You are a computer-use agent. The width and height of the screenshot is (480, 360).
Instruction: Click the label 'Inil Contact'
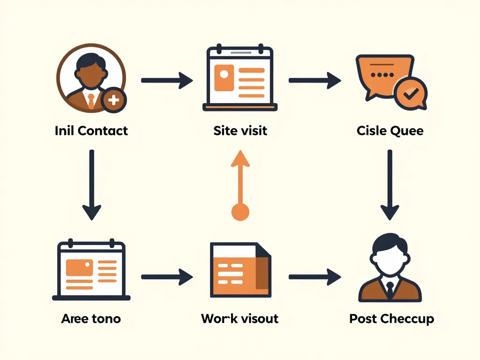point(91,130)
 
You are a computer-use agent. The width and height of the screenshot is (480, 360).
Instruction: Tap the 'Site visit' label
point(240,130)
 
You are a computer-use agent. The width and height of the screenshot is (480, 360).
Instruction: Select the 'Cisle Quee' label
point(390,130)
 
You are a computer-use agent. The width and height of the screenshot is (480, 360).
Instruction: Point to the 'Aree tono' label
point(91,319)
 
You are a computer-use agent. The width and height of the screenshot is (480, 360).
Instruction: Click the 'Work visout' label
point(240,319)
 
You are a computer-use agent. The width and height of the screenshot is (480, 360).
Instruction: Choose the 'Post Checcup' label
point(391,319)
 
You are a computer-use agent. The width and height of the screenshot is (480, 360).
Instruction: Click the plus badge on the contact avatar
point(113,99)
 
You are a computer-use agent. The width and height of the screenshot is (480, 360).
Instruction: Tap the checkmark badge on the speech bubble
point(410,94)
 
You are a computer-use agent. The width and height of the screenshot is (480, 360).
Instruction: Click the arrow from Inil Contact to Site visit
point(166,80)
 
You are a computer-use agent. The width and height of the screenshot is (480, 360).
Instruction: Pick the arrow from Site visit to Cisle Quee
point(314,80)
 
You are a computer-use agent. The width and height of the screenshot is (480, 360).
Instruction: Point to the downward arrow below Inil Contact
point(91,185)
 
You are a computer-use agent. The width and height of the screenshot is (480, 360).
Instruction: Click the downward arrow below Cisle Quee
point(390,185)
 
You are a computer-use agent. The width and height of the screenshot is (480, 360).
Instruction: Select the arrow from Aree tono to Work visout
point(166,277)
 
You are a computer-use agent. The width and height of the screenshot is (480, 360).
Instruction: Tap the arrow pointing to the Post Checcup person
point(314,277)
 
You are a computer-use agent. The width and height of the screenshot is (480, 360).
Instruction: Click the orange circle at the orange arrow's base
point(240,212)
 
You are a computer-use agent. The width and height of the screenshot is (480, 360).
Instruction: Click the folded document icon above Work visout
point(240,270)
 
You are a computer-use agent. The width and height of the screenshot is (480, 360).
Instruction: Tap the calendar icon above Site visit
point(240,78)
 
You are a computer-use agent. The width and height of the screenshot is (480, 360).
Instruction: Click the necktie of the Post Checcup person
point(390,291)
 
